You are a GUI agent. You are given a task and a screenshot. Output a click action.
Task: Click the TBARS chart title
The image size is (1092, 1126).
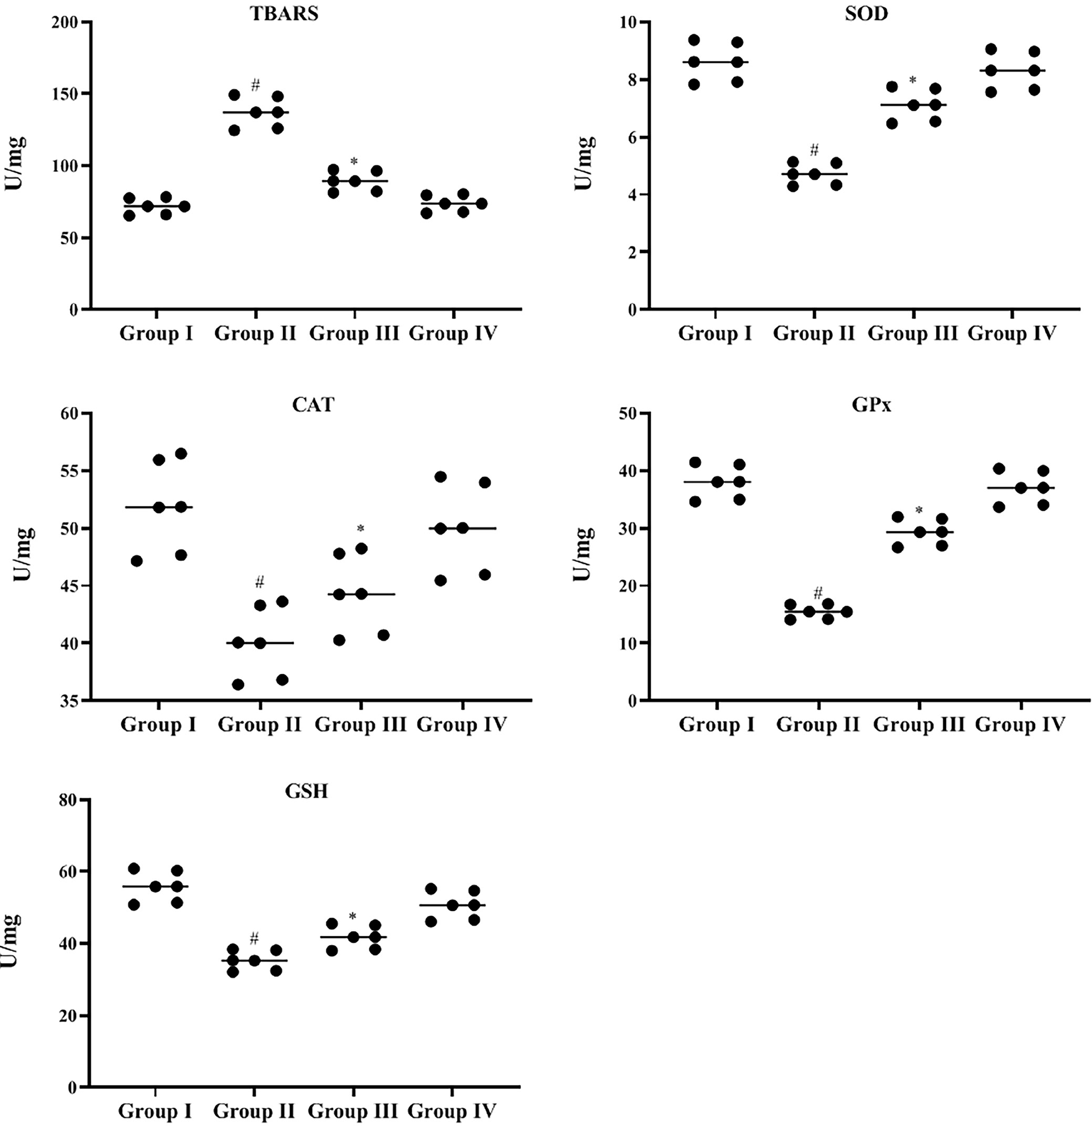tap(284, 14)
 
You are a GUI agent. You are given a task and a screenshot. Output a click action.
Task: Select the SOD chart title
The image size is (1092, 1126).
tap(866, 14)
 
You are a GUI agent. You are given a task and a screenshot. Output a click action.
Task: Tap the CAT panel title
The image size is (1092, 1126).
tap(313, 404)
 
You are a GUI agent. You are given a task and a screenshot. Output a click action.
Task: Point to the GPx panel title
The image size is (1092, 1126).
tap(871, 404)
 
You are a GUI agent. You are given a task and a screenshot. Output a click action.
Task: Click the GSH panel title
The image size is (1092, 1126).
tap(306, 791)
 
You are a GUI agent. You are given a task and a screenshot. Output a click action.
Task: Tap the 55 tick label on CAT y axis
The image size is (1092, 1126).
tap(72, 471)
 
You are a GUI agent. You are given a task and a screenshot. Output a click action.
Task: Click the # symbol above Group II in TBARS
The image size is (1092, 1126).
tap(256, 86)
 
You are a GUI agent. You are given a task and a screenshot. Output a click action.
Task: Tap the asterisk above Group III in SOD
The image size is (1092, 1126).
tap(913, 80)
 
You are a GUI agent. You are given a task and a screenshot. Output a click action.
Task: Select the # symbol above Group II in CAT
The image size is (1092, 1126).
tap(259, 582)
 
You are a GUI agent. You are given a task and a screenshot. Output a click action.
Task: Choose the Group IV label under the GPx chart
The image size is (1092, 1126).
tap(1020, 724)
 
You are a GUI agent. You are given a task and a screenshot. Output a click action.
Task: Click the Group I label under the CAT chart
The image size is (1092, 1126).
tap(158, 724)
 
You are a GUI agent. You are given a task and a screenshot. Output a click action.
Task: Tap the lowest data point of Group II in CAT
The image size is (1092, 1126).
tap(238, 684)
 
